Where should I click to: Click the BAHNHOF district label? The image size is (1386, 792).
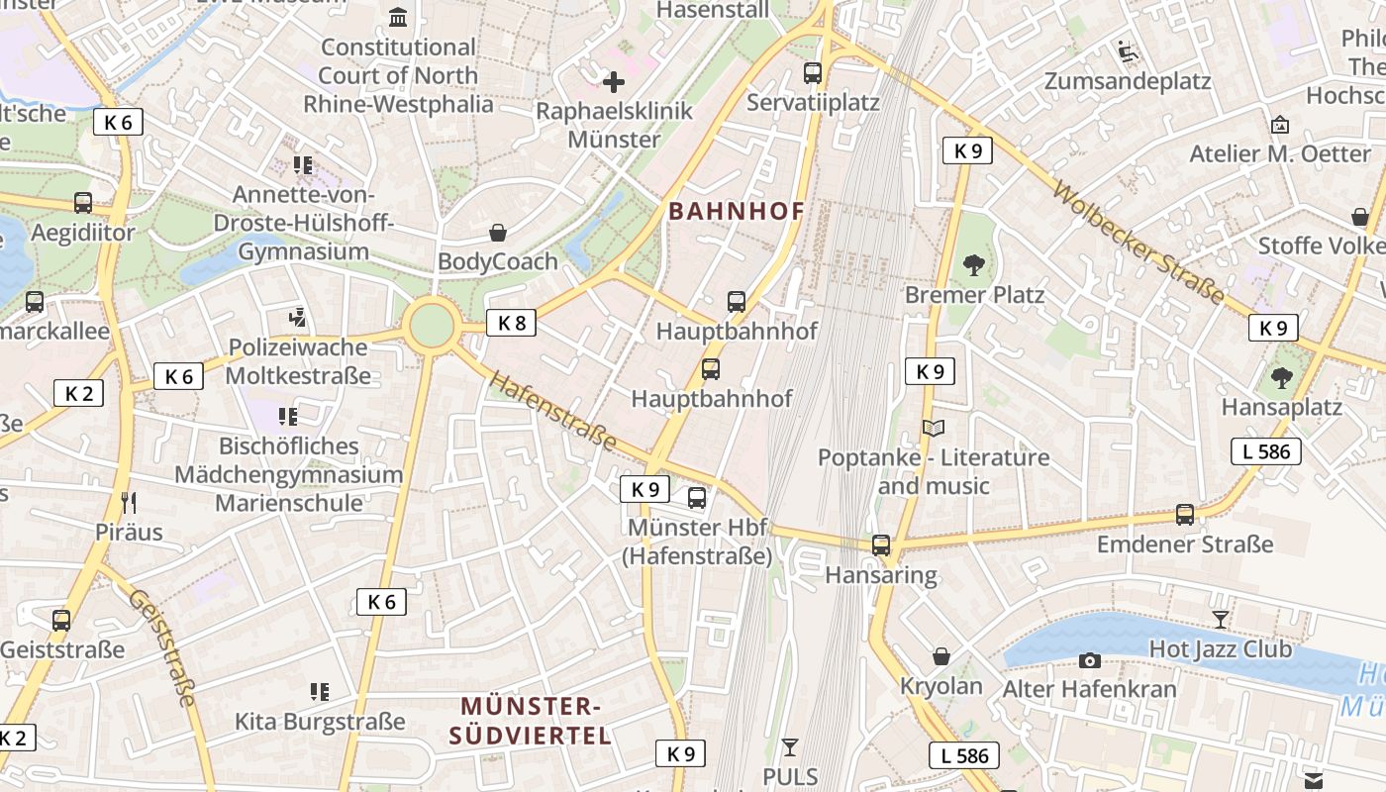pyautogui.click(x=737, y=211)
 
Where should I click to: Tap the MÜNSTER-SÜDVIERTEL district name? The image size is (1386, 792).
pyautogui.click(x=531, y=721)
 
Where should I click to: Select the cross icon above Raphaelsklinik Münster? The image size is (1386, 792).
pyautogui.click(x=614, y=82)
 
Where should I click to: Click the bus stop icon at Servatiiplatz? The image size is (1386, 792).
pyautogui.click(x=813, y=72)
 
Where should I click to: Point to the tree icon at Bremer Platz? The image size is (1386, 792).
pyautogui.click(x=974, y=264)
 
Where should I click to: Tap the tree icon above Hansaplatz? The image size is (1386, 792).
pyautogui.click(x=1281, y=377)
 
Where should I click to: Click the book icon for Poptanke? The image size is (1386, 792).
pyautogui.click(x=934, y=428)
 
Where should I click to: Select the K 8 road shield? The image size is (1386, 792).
pyautogui.click(x=511, y=322)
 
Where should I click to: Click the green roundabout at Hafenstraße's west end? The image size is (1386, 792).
pyautogui.click(x=432, y=326)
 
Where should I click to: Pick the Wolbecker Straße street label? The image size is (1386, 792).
pyautogui.click(x=1138, y=243)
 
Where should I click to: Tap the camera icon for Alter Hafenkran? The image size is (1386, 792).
pyautogui.click(x=1090, y=660)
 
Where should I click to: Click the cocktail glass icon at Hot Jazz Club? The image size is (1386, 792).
pyautogui.click(x=1220, y=620)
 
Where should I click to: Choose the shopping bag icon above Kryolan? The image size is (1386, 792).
pyautogui.click(x=941, y=656)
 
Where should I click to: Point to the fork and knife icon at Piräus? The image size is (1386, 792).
pyautogui.click(x=129, y=502)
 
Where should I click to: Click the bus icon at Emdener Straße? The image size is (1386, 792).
pyautogui.click(x=1185, y=515)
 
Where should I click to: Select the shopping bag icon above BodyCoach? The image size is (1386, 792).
pyautogui.click(x=498, y=233)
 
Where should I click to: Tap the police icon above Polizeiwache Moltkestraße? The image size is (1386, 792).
pyautogui.click(x=298, y=318)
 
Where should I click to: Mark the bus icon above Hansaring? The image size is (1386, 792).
pyautogui.click(x=881, y=545)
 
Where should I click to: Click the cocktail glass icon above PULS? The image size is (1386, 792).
pyautogui.click(x=790, y=746)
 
